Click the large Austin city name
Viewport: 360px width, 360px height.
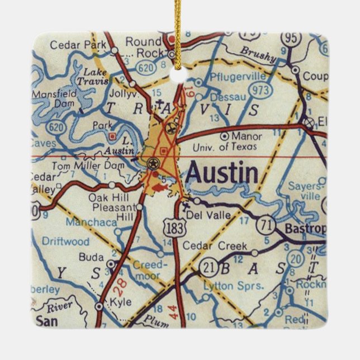[x=222, y=173]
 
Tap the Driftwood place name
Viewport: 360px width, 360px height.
[x=67, y=241]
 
